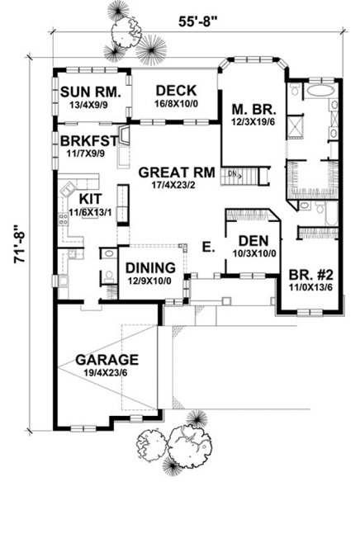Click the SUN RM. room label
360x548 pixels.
pyautogui.click(x=92, y=92)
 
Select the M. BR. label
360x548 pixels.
pyautogui.click(x=248, y=108)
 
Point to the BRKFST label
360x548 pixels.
pyautogui.click(x=90, y=139)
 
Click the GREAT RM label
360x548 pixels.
pyautogui.click(x=177, y=172)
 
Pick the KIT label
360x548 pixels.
pyautogui.click(x=89, y=199)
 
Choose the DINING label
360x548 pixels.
pyautogui.click(x=149, y=268)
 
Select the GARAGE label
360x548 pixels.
pyautogui.click(x=107, y=360)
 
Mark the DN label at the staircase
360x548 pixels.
pyautogui.click(x=234, y=174)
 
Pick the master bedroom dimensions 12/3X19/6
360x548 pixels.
pyautogui.click(x=248, y=121)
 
